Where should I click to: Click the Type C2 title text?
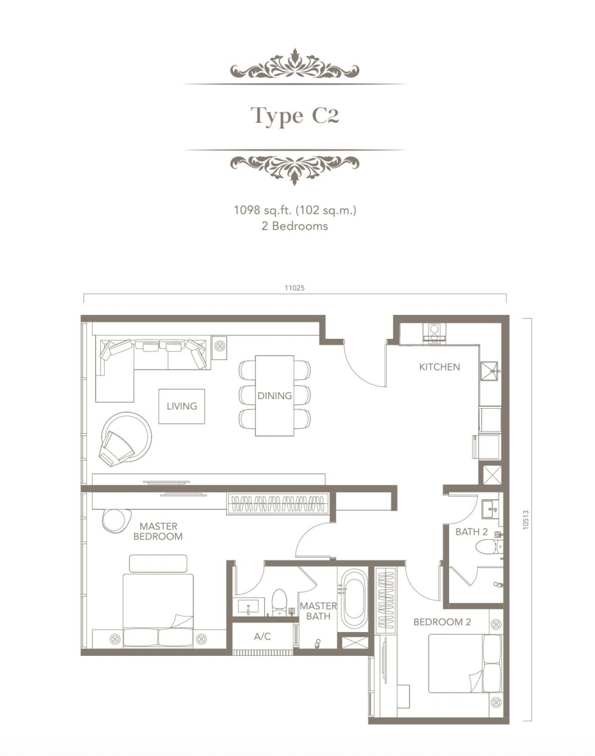tap(294, 116)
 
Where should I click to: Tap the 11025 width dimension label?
tap(294, 288)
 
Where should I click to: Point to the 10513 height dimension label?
tap(526, 520)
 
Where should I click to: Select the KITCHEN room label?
tap(439, 367)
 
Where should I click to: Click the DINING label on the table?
tap(274, 395)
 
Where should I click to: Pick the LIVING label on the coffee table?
tap(182, 406)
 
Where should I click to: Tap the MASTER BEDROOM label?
tap(158, 531)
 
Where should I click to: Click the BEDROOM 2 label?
tap(442, 622)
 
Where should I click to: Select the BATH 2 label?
tap(472, 532)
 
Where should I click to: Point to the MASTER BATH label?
tap(318, 611)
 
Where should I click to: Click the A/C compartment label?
tap(263, 637)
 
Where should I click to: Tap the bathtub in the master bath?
tap(353, 599)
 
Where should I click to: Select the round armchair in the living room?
tap(125, 439)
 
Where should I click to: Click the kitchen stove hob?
tap(434, 332)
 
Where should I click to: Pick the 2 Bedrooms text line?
tap(294, 226)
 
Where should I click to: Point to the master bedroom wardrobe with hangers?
tap(278, 504)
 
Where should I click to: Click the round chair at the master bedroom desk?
tap(116, 520)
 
